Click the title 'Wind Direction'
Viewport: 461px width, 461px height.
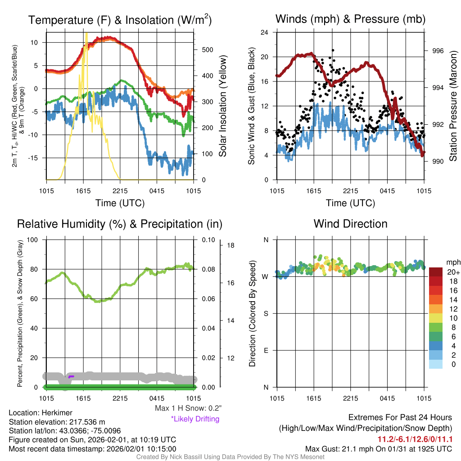coord(350,224)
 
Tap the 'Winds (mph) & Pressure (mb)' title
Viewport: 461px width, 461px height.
coord(350,19)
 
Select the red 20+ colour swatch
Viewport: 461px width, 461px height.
coord(436,272)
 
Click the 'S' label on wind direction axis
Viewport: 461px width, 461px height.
coord(265,313)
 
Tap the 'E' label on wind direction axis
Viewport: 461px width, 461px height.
coord(265,350)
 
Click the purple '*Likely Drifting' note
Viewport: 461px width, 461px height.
coord(195,419)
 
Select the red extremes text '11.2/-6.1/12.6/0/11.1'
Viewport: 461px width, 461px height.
coord(415,439)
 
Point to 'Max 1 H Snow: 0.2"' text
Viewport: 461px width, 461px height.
coord(188,408)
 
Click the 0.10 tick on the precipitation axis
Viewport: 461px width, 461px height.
coord(208,240)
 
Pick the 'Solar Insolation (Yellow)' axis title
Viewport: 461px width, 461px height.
coord(222,106)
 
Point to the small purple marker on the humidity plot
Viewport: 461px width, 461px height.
coord(71,375)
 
